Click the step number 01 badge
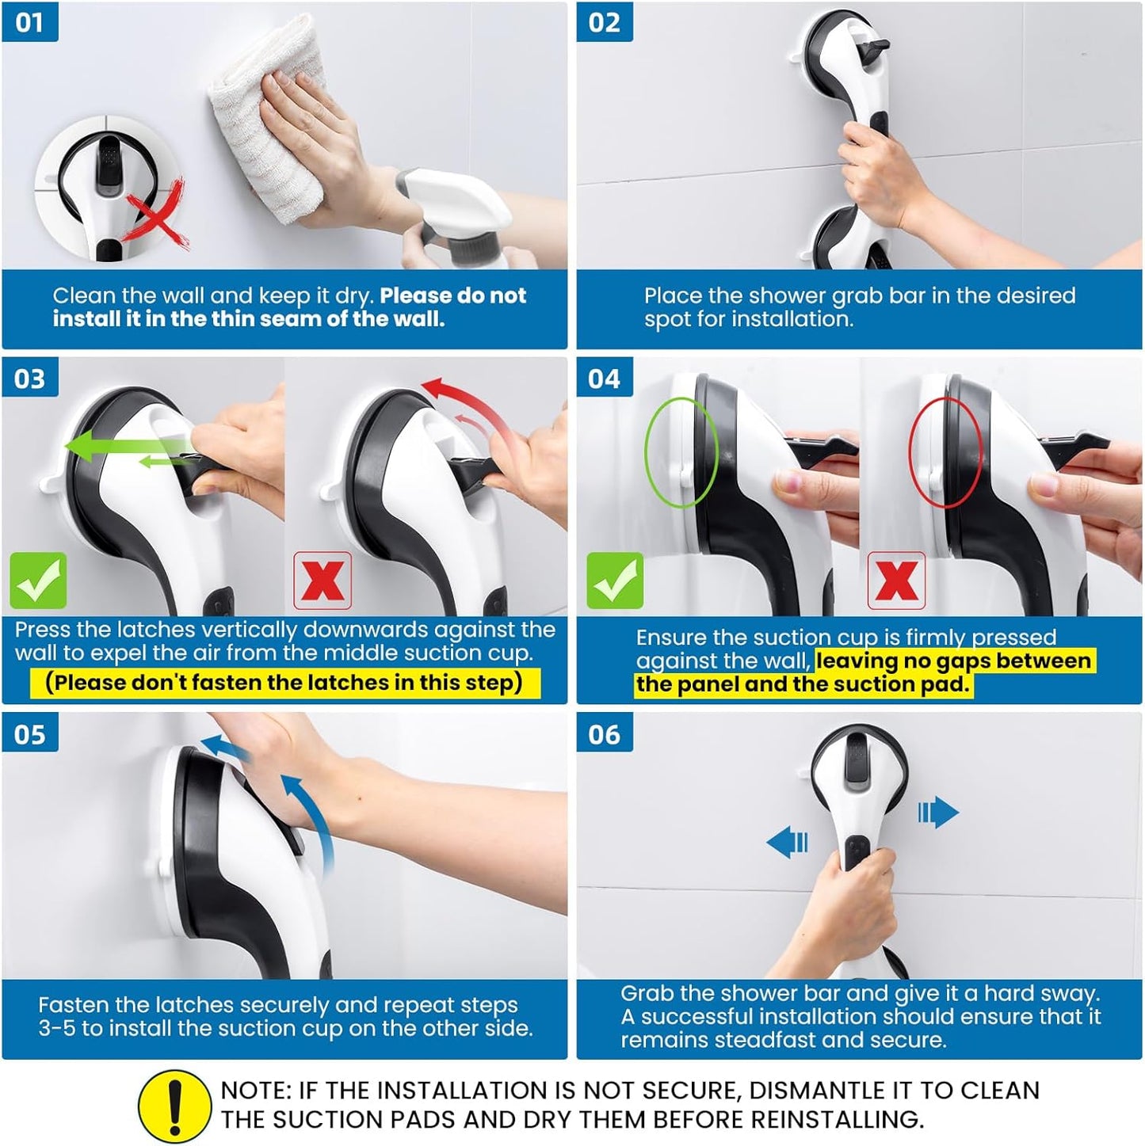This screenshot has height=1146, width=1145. pyautogui.click(x=29, y=21)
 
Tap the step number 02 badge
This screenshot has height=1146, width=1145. pyautogui.click(x=604, y=21)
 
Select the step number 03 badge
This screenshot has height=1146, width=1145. pyautogui.click(x=29, y=379)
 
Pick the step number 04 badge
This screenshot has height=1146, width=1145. pyautogui.click(x=604, y=379)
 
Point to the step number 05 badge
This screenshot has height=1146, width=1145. pyautogui.click(x=29, y=734)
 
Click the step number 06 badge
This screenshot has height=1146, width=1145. pyautogui.click(x=604, y=734)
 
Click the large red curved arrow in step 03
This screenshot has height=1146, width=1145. pyautogui.click(x=468, y=404)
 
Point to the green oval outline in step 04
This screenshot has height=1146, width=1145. pyautogui.click(x=681, y=451)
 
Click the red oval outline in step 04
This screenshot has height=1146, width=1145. pyautogui.click(x=945, y=451)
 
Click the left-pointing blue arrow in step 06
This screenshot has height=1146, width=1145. pyautogui.click(x=788, y=841)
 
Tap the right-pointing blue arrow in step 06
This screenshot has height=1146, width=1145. pyautogui.click(x=938, y=813)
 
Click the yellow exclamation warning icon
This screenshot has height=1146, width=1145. pyautogui.click(x=174, y=1106)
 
